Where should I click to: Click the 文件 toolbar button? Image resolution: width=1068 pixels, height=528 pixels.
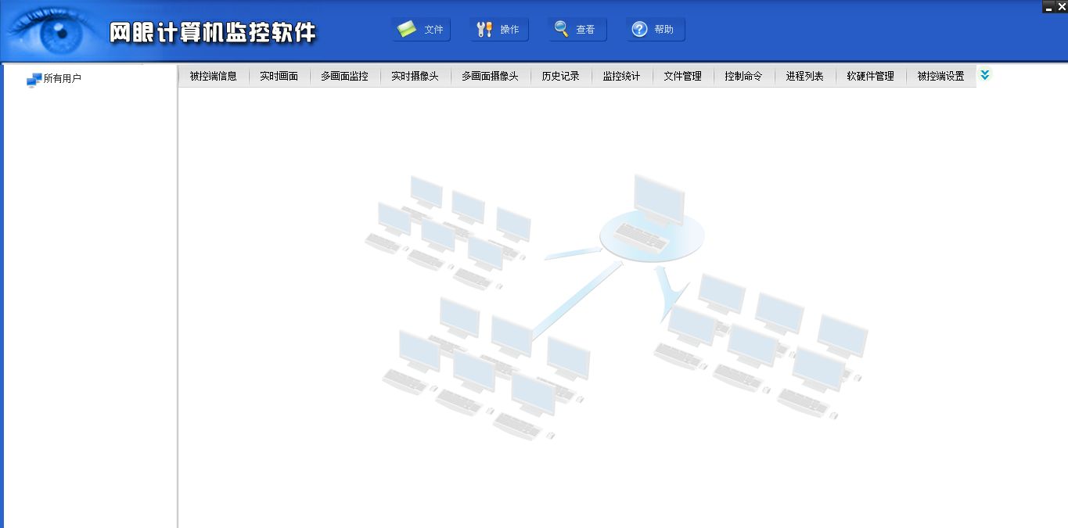[x=421, y=30]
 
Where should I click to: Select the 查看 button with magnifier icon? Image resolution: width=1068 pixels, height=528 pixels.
[x=577, y=30]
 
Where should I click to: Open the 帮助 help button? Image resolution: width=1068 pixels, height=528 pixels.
[x=655, y=30]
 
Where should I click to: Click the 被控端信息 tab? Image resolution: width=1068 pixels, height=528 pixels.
[x=213, y=77]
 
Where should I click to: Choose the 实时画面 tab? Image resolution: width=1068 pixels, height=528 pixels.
[x=279, y=77]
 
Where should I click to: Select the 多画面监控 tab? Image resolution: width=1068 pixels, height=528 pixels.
[x=344, y=77]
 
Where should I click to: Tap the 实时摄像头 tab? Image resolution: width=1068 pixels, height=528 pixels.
[x=415, y=77]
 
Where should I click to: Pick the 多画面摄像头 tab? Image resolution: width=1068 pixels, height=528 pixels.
[x=490, y=77]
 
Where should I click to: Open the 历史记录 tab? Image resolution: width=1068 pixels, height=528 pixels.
[x=560, y=77]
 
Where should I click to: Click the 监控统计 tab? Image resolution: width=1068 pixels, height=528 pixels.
[x=621, y=77]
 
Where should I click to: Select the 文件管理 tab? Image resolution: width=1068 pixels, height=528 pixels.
[x=682, y=77]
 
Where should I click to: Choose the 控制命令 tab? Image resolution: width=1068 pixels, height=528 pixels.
[x=743, y=77]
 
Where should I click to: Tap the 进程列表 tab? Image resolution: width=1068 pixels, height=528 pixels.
[x=804, y=77]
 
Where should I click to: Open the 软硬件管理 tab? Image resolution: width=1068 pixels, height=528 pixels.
[x=870, y=77]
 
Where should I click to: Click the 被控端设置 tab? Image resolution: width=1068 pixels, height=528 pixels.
[x=940, y=77]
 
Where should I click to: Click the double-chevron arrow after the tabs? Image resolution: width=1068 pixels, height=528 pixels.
[x=985, y=75]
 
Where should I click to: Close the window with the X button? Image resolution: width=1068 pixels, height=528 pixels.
[x=1061, y=7]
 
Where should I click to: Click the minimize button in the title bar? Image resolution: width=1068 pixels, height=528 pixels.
[x=1048, y=8]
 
